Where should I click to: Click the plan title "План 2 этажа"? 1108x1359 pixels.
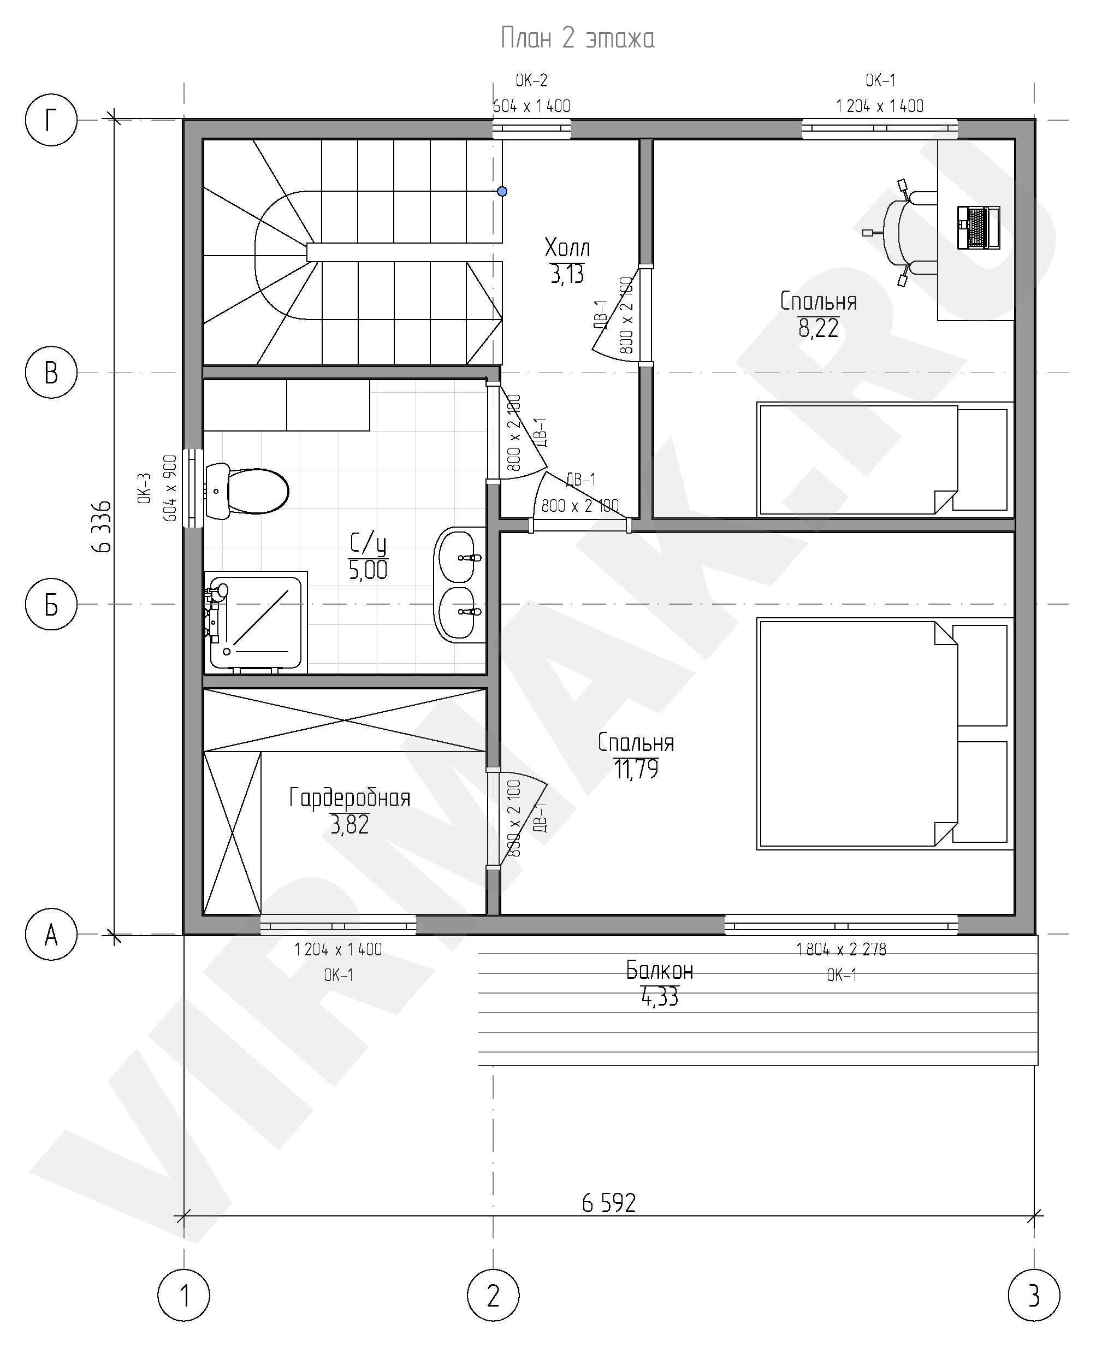point(577,38)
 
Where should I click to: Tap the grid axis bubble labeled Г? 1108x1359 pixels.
point(51,120)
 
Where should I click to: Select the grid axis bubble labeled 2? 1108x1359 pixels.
point(493,1296)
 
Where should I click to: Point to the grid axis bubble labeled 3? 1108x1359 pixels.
point(1034,1296)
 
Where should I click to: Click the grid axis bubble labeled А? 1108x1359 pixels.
point(51,935)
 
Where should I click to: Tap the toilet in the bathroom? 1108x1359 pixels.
point(247,491)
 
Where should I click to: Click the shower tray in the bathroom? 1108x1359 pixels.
point(256,622)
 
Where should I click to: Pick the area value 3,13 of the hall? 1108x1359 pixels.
point(567,275)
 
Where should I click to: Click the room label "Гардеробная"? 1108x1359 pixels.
point(349,798)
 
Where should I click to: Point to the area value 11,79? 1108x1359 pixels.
point(636,769)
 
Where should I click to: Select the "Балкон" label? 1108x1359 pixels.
point(659,971)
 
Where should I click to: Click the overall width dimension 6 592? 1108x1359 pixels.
point(609,1203)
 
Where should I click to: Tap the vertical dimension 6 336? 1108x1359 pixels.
point(102,527)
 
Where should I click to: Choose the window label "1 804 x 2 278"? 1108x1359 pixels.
point(841,950)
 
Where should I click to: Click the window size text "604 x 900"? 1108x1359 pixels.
point(170,488)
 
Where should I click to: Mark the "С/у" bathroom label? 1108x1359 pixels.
point(368,544)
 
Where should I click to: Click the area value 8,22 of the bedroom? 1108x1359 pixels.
point(818,328)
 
